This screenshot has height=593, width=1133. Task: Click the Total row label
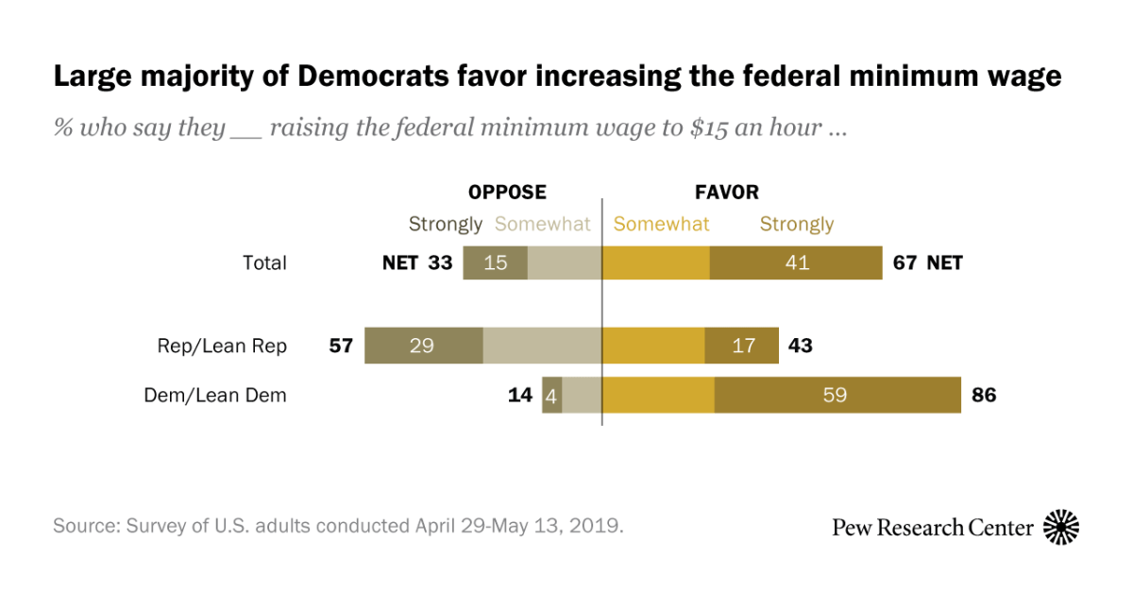(x=264, y=263)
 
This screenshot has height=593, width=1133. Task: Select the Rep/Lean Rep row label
(x=222, y=347)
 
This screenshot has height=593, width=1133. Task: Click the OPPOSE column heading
(x=507, y=193)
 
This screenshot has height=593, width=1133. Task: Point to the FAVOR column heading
(x=727, y=193)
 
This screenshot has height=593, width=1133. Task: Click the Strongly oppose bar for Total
(x=495, y=263)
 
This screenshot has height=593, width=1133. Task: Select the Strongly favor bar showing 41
(x=796, y=263)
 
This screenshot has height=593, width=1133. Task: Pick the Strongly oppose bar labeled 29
(x=423, y=347)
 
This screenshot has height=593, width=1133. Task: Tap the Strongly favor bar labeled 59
(x=837, y=396)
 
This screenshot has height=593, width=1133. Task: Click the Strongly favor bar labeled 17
(x=742, y=347)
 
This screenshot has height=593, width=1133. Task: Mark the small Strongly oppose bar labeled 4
(x=551, y=396)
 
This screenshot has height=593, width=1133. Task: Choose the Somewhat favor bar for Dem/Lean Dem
(x=658, y=396)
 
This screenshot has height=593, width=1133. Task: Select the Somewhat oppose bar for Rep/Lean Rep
(x=542, y=347)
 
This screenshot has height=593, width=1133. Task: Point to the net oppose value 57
(x=341, y=347)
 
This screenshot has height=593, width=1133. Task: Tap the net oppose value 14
(x=520, y=396)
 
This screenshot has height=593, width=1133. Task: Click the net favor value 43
(x=800, y=347)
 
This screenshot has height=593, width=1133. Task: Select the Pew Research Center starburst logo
(x=1061, y=527)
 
